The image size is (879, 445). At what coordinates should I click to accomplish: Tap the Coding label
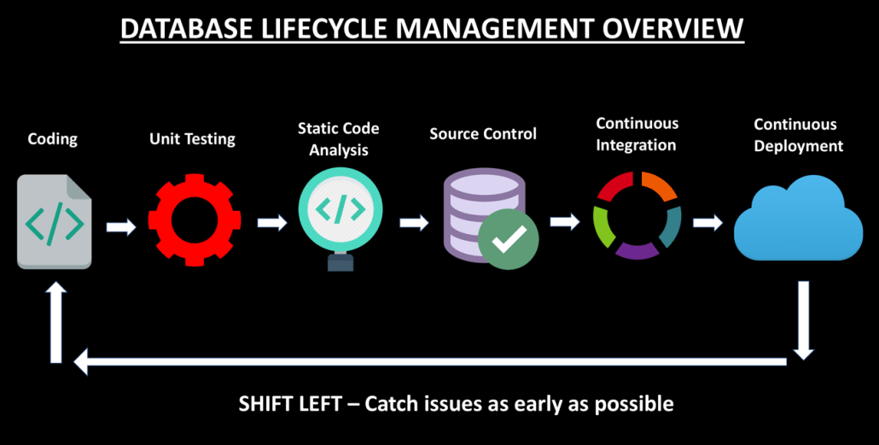[x=54, y=138]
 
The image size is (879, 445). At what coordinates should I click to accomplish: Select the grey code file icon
[x=55, y=221]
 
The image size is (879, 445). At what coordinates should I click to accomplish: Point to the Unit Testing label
[x=193, y=138]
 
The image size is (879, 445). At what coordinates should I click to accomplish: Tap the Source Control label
[x=483, y=134]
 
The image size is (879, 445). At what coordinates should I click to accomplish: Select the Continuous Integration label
[x=636, y=134]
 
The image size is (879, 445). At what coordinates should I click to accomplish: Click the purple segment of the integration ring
[x=636, y=249]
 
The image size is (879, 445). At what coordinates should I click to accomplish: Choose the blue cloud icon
[x=798, y=220]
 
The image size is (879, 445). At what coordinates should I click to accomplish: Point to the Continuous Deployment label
[x=798, y=135]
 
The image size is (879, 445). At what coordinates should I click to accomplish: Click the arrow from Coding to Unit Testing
[x=121, y=227]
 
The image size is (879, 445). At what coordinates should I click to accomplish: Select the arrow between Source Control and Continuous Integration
[x=564, y=222]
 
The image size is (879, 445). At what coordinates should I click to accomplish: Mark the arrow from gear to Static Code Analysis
[x=271, y=223]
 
